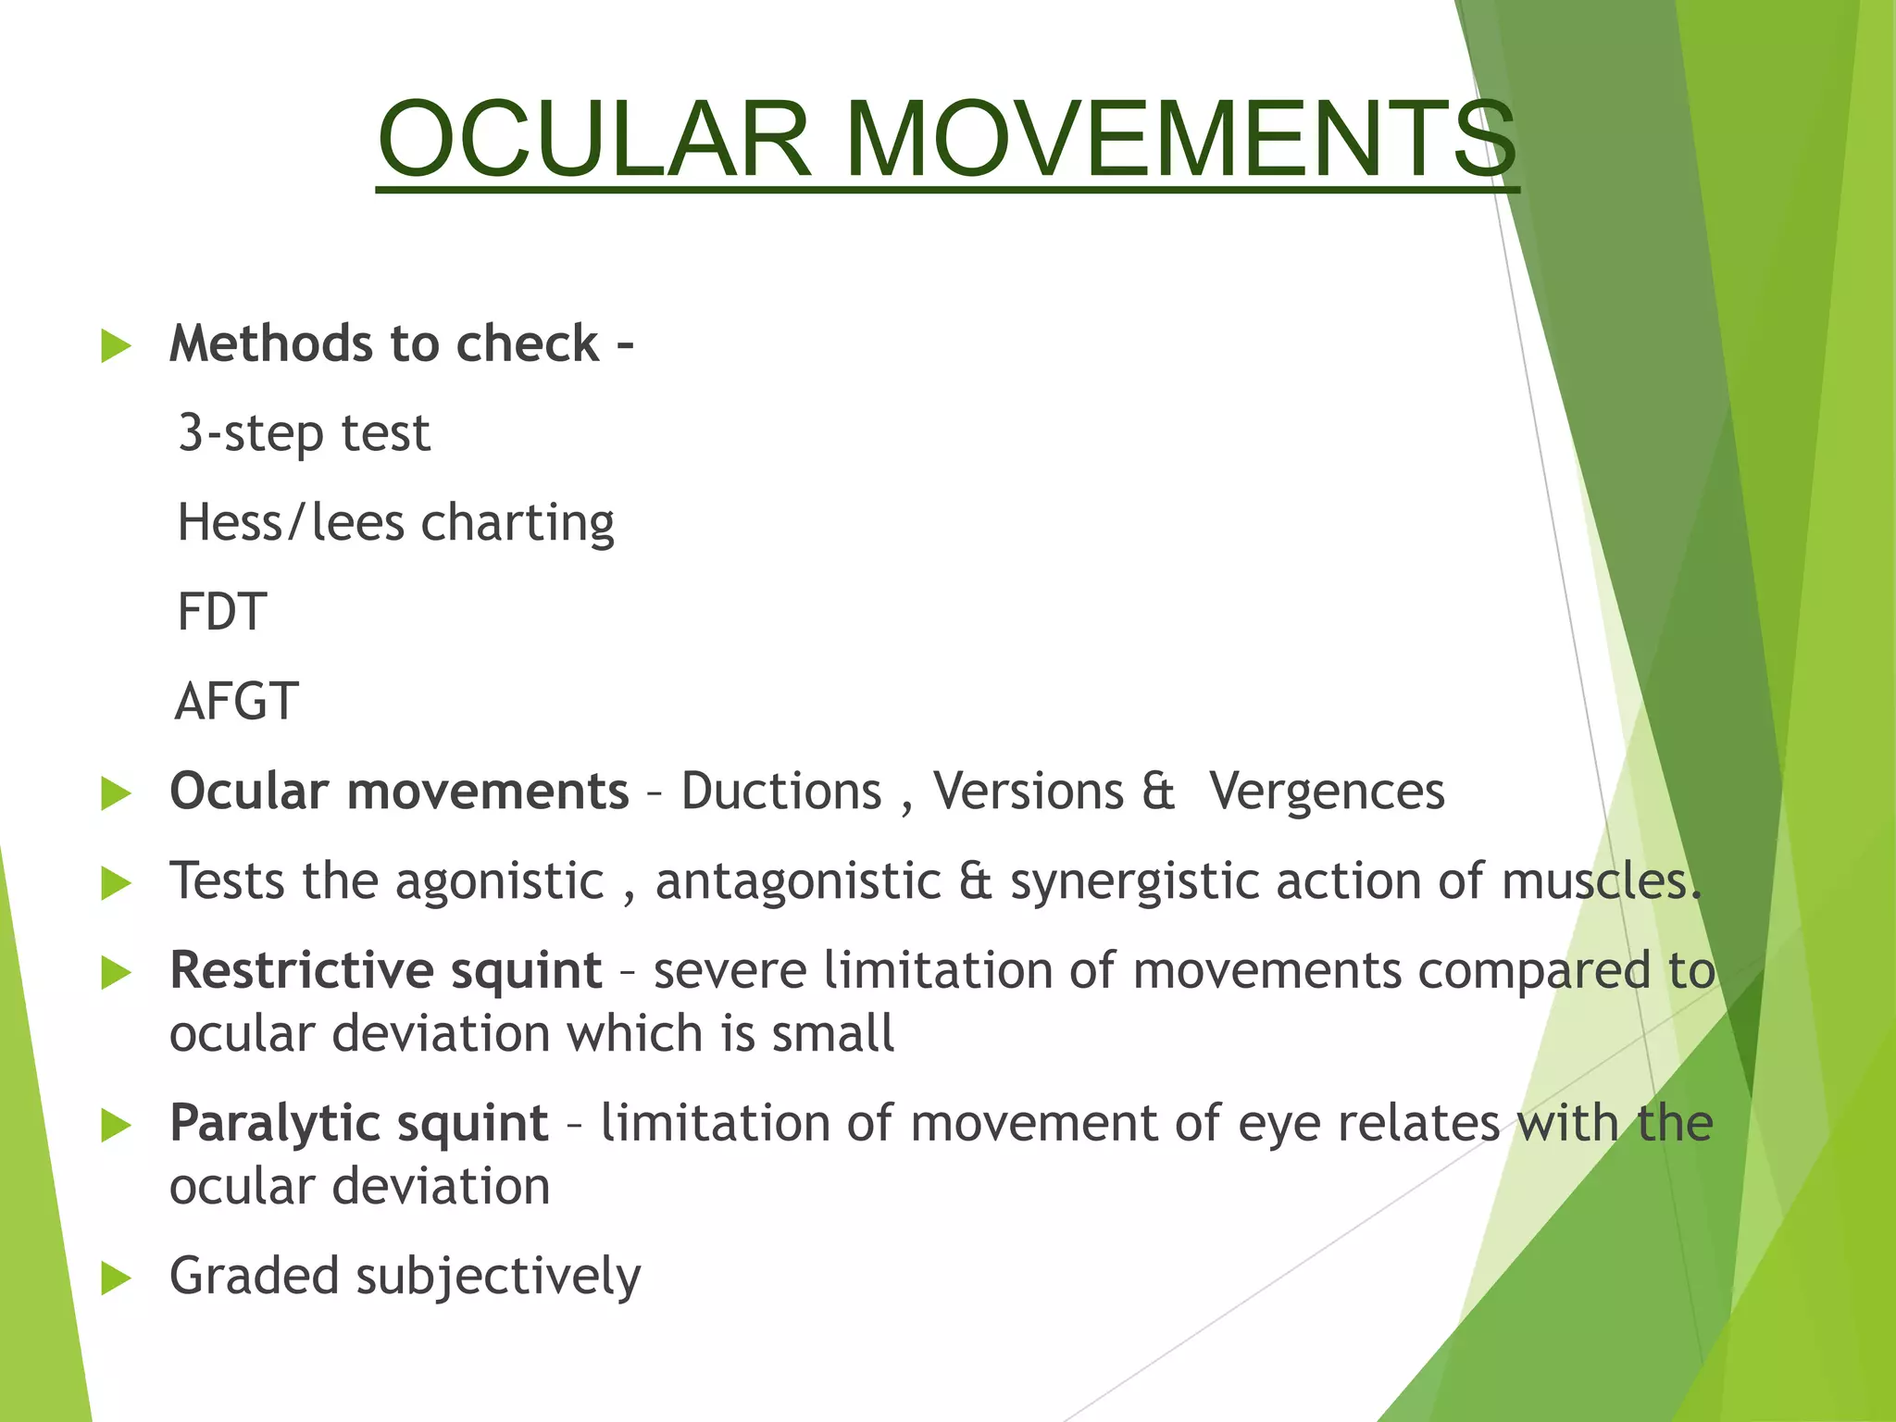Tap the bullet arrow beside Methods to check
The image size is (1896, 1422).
tap(116, 346)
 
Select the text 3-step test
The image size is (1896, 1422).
tap(304, 433)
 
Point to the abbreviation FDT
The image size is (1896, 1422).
tap(222, 612)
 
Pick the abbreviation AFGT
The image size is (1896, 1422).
tap(237, 702)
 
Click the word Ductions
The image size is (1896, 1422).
tap(781, 792)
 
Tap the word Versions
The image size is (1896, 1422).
tap(1028, 792)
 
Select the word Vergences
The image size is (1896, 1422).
tap(1327, 792)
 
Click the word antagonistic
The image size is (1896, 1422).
tap(798, 880)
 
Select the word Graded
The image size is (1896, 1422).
tap(255, 1276)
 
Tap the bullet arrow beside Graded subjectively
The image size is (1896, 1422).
tap(116, 1279)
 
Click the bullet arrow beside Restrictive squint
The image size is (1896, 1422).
tap(116, 973)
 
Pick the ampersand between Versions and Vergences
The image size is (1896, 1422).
tap(1158, 792)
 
